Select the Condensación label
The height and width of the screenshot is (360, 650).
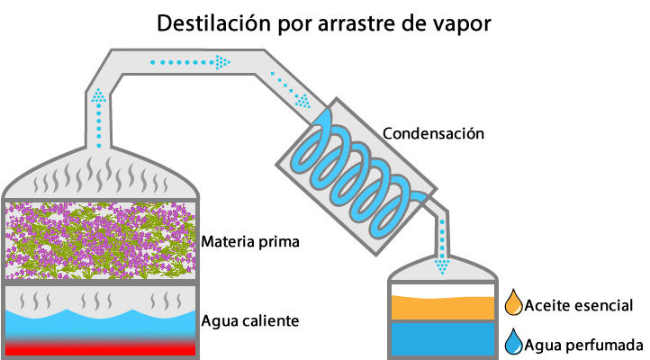pos(433,133)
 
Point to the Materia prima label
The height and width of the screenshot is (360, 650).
pos(250,242)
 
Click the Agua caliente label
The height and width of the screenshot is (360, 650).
pos(250,321)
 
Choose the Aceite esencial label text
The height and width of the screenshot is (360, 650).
pos(579,305)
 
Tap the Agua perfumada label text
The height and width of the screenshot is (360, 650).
pos(583,345)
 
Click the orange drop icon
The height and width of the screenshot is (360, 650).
pos(514,302)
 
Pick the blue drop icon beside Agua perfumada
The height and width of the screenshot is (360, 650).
pos(514,342)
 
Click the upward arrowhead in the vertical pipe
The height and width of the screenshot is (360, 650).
pos(99,96)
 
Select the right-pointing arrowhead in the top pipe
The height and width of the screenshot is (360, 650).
pos(222,63)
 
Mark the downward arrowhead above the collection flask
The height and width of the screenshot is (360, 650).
pos(442,266)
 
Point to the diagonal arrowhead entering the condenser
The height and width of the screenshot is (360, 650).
pos(303,101)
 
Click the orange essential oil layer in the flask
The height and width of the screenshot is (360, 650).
pos(443,308)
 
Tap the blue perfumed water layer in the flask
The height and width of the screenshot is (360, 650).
pos(443,339)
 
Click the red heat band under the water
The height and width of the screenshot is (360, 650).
pos(100,348)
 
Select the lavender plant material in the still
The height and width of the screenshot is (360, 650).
pos(100,240)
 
